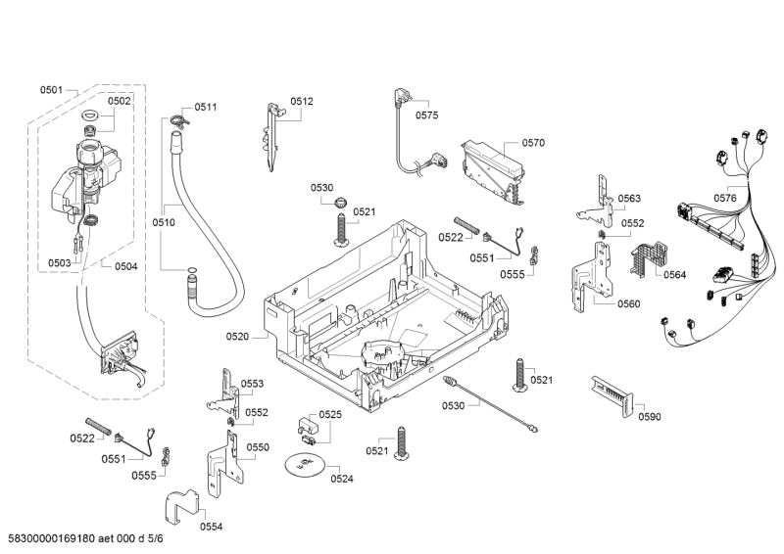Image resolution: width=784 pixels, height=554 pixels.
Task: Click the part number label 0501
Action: click(52, 90)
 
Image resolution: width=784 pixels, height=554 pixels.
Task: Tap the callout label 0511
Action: click(206, 107)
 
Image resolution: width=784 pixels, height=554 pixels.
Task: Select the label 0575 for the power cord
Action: click(426, 115)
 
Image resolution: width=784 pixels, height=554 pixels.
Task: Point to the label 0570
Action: click(533, 143)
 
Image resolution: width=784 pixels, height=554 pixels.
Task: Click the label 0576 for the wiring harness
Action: click(725, 199)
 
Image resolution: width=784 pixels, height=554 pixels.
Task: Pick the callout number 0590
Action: click(649, 417)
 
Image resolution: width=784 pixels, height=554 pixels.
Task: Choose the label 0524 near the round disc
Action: click(342, 479)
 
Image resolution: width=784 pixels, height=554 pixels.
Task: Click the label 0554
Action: click(211, 527)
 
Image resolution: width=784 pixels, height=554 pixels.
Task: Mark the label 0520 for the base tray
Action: click(238, 336)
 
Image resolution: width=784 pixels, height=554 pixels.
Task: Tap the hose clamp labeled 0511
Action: click(175, 120)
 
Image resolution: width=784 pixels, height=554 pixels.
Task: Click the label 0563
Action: click(629, 199)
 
